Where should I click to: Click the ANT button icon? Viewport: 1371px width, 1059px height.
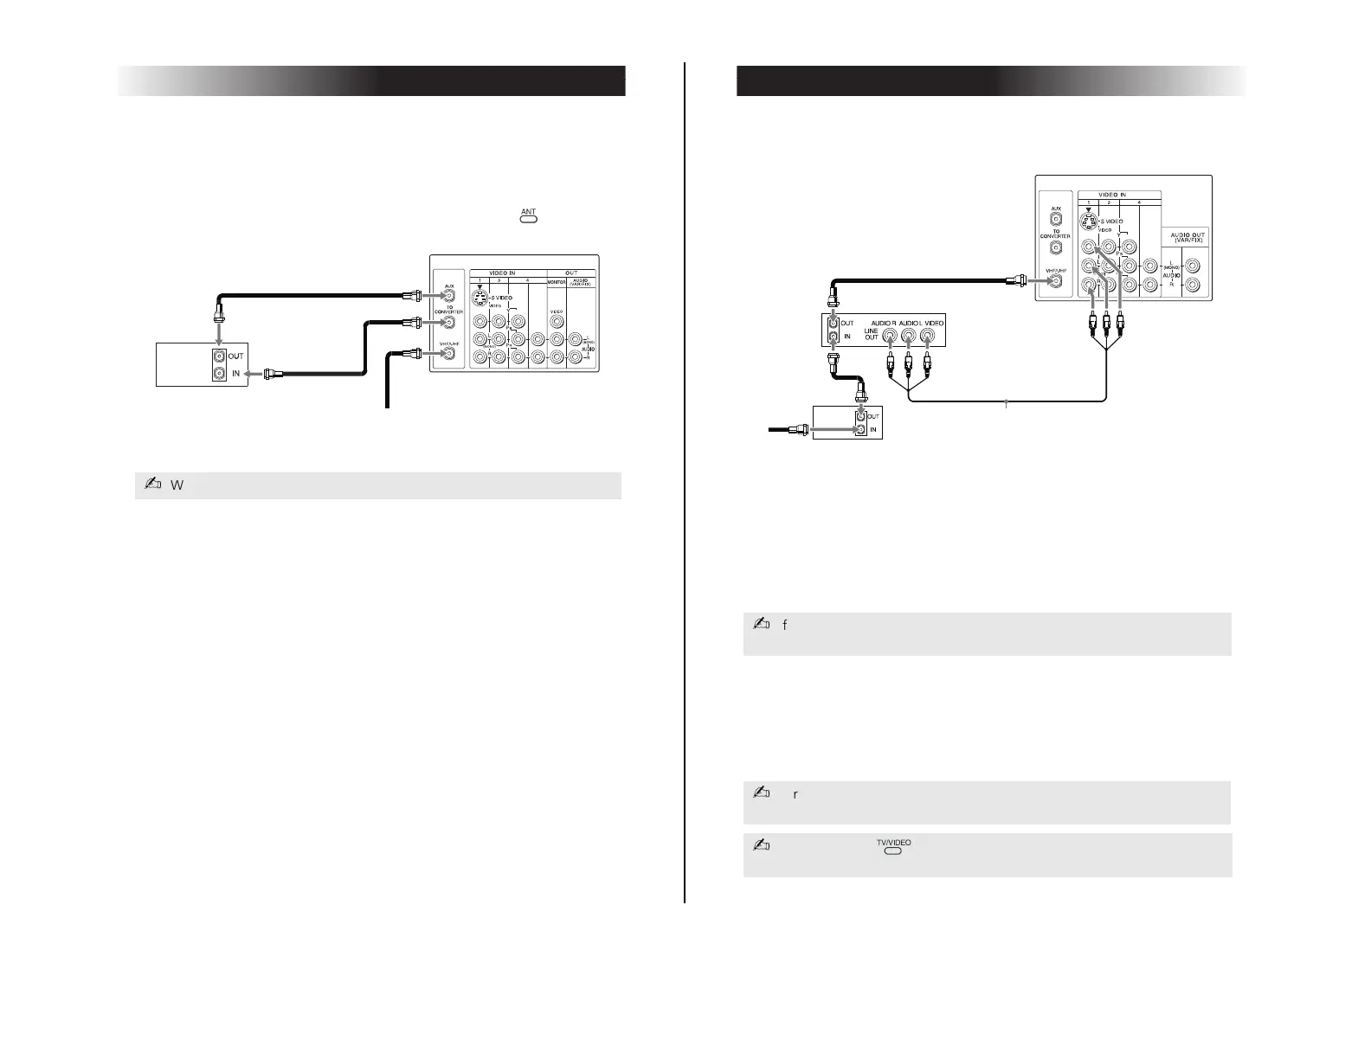(x=528, y=220)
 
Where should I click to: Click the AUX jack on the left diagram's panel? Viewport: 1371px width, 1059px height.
(x=448, y=296)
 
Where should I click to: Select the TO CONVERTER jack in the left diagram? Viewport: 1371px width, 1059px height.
(x=448, y=324)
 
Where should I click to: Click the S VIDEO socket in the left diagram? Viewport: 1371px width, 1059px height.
(x=480, y=298)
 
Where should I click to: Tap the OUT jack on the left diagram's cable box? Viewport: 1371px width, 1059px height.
(x=219, y=356)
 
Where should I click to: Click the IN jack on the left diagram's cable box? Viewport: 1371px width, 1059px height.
(x=219, y=374)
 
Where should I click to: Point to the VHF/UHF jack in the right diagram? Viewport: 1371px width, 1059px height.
(x=1054, y=280)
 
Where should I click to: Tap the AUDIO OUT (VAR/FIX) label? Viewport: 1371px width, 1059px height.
(x=1187, y=237)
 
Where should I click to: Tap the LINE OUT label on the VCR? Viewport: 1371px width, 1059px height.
(x=871, y=333)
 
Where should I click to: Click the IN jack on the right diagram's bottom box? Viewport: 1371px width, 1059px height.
(x=861, y=429)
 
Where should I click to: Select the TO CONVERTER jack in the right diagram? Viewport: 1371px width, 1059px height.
(x=1055, y=248)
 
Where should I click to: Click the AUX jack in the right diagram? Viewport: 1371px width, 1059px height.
(x=1055, y=220)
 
